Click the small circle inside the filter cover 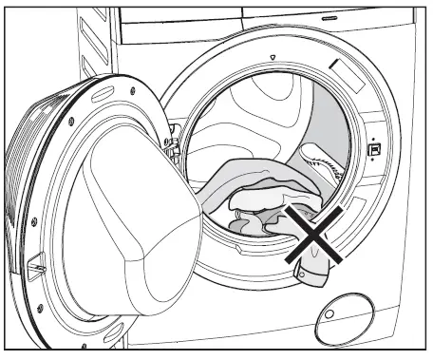331,313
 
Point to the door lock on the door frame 374,149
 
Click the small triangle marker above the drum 273,59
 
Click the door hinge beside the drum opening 174,144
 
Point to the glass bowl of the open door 133,228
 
